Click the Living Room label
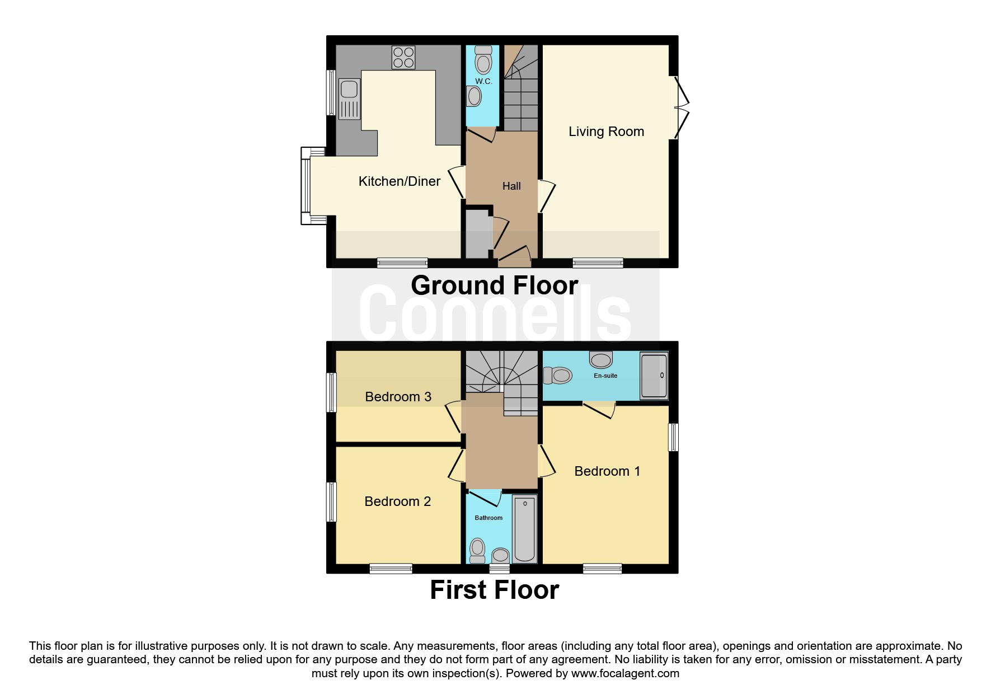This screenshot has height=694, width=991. pos(606,132)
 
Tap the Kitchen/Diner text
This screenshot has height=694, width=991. pos(399,181)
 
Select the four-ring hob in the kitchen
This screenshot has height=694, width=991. pos(403,57)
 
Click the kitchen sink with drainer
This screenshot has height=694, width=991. pos(349,99)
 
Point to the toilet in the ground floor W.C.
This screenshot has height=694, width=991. pos(483,60)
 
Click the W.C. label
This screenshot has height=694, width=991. pos(483,81)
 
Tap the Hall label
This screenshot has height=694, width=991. pos(511,186)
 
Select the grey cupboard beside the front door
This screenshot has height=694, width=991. pos(477,233)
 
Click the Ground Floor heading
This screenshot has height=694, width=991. pos(495,285)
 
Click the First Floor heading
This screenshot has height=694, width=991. pos(495,590)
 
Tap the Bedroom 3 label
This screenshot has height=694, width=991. pos(398,397)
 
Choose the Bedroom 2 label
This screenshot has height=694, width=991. pos(397,501)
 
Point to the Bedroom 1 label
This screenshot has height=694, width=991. pos(607,471)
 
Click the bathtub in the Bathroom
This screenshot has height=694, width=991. pos(525,528)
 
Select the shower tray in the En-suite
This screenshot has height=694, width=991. pos(654,375)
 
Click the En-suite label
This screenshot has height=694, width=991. pos(605,376)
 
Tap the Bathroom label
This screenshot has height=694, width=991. pos(489,518)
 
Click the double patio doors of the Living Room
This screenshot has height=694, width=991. pos(679,107)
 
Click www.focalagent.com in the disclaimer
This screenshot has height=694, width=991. pos(625,673)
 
